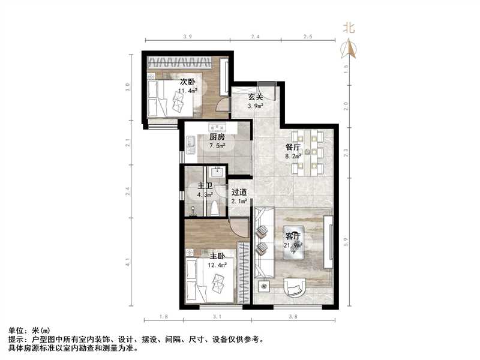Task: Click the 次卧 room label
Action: (x=187, y=82)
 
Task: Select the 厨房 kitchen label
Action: (x=217, y=136)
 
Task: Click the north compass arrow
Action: (x=349, y=48)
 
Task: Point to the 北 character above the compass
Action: (x=349, y=28)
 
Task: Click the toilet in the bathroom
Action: (x=214, y=208)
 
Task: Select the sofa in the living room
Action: (x=263, y=243)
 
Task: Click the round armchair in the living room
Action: (x=295, y=287)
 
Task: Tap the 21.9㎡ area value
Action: (x=292, y=245)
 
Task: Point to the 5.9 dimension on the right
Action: (x=347, y=241)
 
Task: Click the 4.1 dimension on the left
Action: (x=128, y=262)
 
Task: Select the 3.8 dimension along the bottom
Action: (x=293, y=316)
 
